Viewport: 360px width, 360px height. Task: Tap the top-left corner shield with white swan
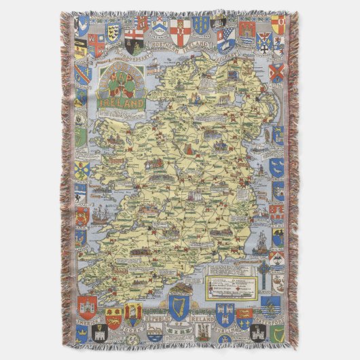[82, 27]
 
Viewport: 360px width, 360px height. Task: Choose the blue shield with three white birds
[277, 166]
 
